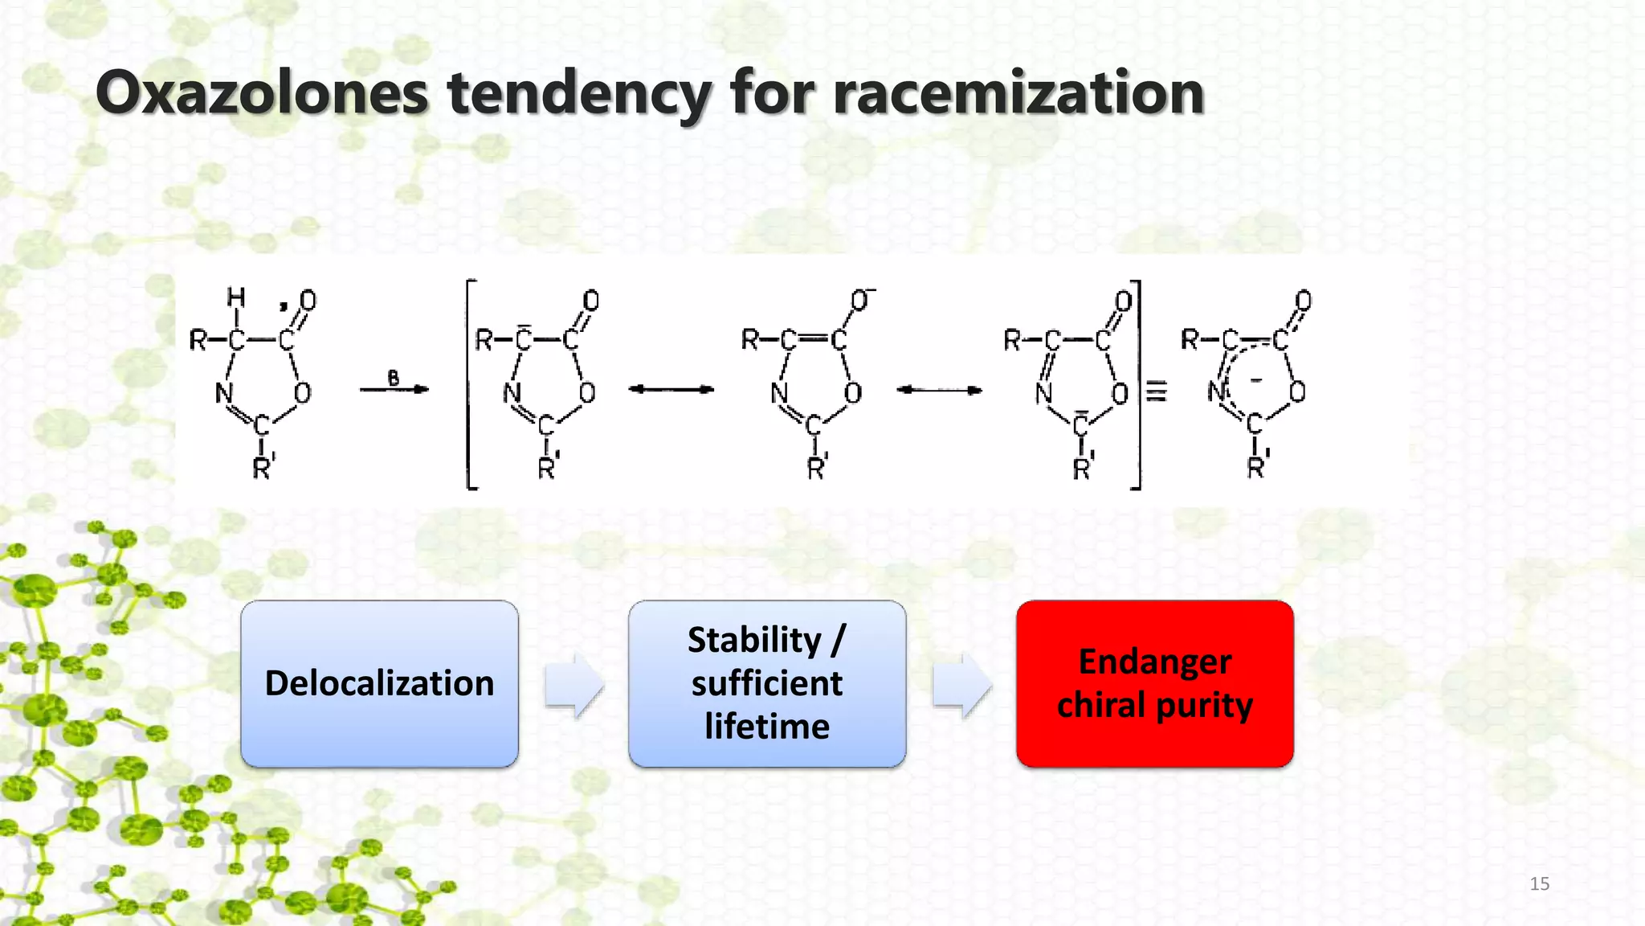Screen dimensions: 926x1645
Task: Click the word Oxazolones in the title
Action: coord(262,93)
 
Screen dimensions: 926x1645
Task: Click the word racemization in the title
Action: coord(1018,93)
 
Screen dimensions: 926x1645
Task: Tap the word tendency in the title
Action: coord(578,93)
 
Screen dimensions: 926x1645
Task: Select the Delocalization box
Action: coord(379,684)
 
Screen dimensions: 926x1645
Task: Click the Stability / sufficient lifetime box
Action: coord(767,684)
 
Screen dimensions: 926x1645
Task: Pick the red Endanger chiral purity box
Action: coord(1154,684)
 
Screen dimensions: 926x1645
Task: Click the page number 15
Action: coord(1539,883)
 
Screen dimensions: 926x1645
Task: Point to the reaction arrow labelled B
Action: coord(394,389)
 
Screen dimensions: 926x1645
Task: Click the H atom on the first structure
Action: coord(235,299)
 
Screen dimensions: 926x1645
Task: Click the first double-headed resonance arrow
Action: coord(671,390)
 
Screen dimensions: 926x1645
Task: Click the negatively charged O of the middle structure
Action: coord(860,301)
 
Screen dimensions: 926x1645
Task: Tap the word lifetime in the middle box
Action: coord(767,727)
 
